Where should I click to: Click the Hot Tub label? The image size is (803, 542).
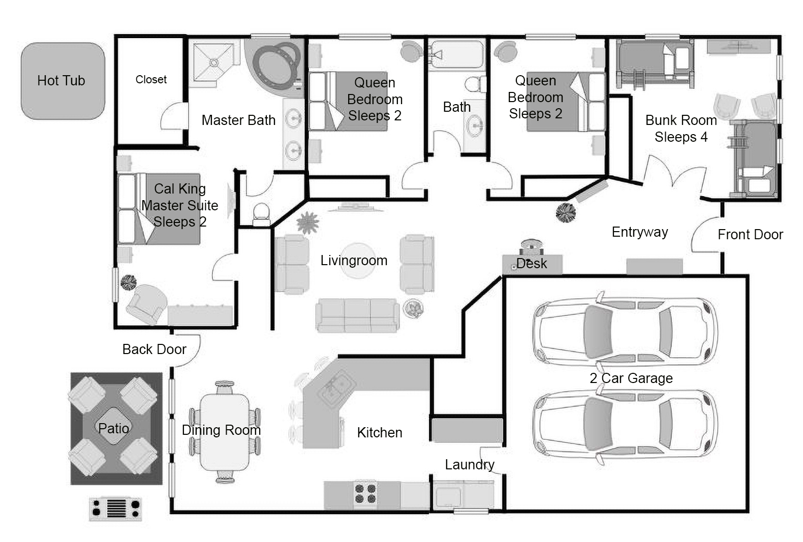(x=61, y=80)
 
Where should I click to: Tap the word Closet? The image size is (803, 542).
(x=151, y=79)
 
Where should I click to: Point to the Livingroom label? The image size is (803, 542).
(x=354, y=261)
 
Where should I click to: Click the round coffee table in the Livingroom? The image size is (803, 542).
(x=357, y=261)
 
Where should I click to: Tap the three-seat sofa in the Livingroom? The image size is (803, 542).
(x=357, y=315)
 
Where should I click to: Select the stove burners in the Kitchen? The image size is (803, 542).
(x=365, y=494)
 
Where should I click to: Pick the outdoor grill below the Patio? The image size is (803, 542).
(x=115, y=508)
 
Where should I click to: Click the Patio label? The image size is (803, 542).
(x=113, y=428)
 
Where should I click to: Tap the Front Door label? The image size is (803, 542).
(x=750, y=234)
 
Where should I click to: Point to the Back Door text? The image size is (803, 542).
(x=154, y=349)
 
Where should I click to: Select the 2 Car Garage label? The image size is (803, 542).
(x=631, y=378)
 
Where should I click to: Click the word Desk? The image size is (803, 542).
(x=532, y=263)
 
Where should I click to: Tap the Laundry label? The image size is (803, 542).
(x=469, y=464)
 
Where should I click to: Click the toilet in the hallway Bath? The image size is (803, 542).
(x=475, y=84)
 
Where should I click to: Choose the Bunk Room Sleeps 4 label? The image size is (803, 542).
(x=681, y=129)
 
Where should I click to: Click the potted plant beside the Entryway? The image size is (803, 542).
(x=565, y=212)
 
